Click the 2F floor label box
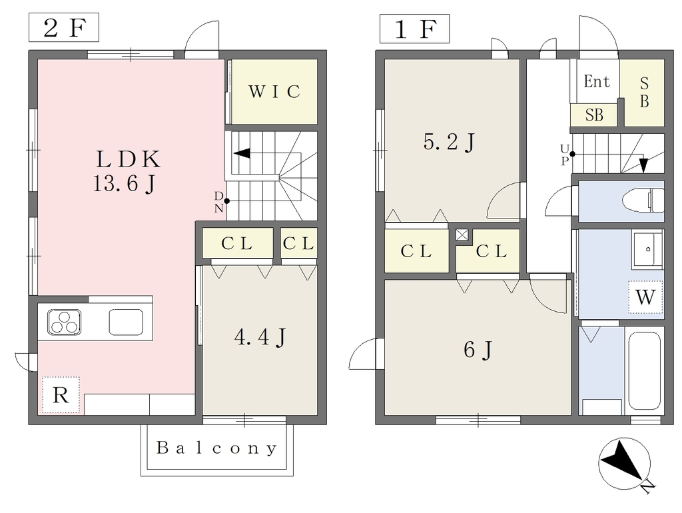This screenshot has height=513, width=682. click(x=64, y=27)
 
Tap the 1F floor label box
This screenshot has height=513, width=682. click(x=414, y=29)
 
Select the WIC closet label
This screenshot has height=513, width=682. click(x=274, y=91)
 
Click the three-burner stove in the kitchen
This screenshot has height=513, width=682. click(x=64, y=322)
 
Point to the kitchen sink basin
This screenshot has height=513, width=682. click(x=126, y=322)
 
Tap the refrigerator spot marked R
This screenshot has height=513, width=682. click(x=61, y=395)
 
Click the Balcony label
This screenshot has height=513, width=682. click(x=216, y=448)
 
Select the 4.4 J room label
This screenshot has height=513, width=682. click(x=260, y=336)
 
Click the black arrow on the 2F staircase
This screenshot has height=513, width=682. click(x=242, y=153)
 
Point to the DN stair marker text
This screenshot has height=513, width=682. click(x=218, y=202)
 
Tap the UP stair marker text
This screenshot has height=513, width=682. click(x=565, y=155)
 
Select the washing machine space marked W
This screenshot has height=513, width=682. click(x=645, y=297)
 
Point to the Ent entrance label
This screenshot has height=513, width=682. click(x=597, y=81)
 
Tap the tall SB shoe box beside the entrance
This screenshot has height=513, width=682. click(x=644, y=93)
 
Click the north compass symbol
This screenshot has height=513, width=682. click(x=625, y=464)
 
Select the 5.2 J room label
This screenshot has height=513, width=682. click(x=450, y=142)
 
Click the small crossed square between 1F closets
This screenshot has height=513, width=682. click(x=462, y=235)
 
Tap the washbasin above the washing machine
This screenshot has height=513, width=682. click(x=647, y=249)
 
